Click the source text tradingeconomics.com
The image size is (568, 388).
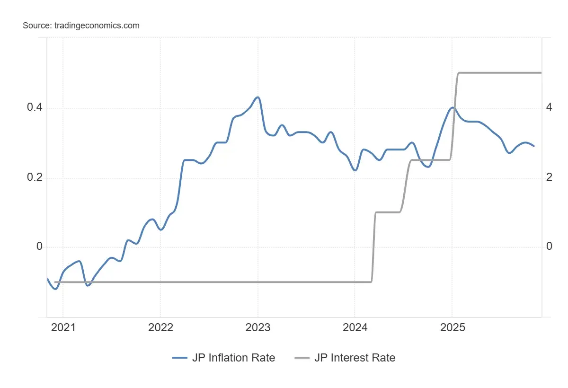pos(81,26)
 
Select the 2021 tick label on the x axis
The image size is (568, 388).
pos(63,327)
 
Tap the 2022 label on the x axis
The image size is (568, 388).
pos(160,327)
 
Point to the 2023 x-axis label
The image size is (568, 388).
pos(258,327)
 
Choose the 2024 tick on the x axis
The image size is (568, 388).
pos(355,327)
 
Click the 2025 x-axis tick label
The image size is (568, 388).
pos(452,327)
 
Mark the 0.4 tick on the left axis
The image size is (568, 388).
pos(35,108)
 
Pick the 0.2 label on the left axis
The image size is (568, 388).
pos(35,177)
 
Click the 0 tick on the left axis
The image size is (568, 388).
pos(40,247)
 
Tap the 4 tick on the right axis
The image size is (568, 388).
pos(549,107)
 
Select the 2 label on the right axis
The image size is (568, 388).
pos(549,177)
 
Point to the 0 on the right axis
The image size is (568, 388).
pos(549,247)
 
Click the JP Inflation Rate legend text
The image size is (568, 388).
pos(233,358)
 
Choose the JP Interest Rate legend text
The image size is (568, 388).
pos(355,358)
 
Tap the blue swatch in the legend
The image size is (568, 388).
pos(180,358)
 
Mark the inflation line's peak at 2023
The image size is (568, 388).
pos(257,97)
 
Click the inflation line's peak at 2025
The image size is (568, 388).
pos(453,107)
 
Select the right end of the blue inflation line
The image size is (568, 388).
pos(534,146)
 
